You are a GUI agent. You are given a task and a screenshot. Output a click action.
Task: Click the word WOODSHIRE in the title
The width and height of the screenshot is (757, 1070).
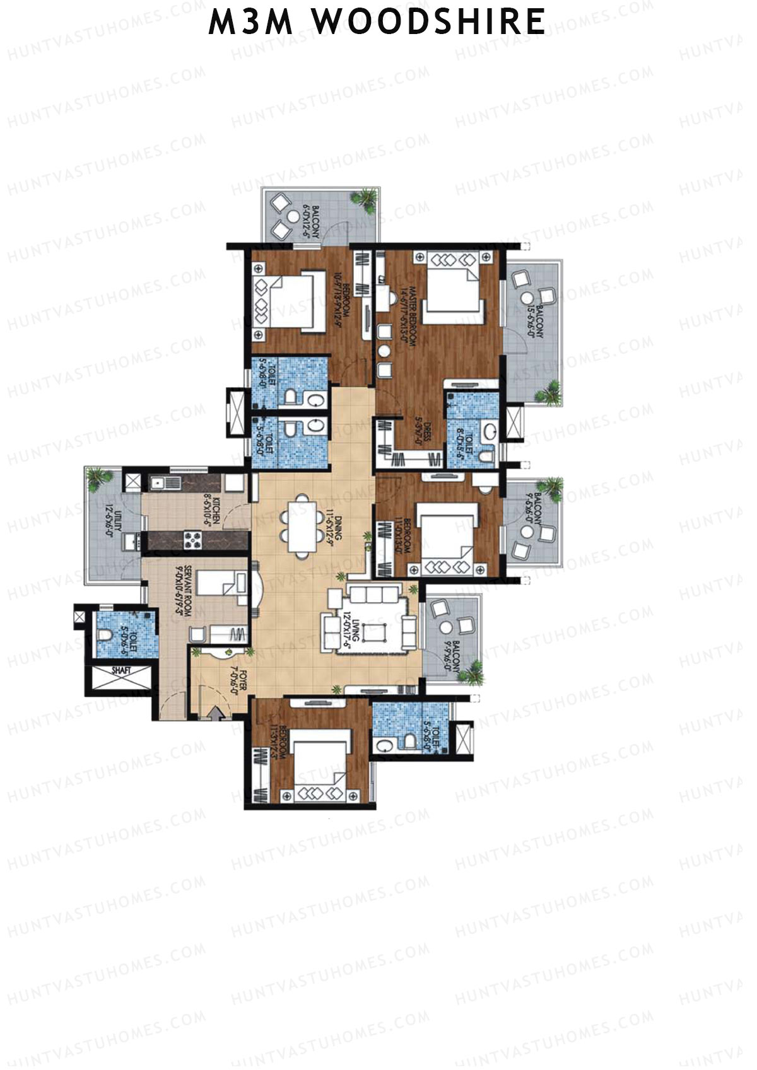(x=430, y=23)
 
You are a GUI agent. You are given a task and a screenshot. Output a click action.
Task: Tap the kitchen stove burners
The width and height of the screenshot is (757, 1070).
(x=192, y=540)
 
